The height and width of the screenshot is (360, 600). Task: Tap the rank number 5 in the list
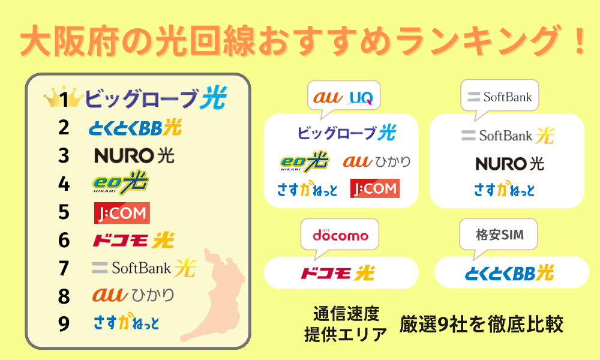64,212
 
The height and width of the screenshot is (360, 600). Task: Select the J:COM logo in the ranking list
122,213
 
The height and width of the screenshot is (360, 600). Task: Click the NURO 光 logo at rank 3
134,155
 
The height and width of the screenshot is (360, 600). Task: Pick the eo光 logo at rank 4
120,183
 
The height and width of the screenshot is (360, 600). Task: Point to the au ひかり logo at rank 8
133,295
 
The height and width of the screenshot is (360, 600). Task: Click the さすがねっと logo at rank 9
126,322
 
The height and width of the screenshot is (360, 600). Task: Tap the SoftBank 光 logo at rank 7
144,268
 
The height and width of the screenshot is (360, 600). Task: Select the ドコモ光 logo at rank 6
133,240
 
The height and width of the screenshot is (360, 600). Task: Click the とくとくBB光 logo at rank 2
135,127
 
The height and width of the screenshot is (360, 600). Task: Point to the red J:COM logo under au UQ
375,188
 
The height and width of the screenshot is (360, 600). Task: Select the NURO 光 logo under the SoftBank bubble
509,164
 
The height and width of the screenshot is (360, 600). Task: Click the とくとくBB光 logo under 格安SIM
509,273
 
